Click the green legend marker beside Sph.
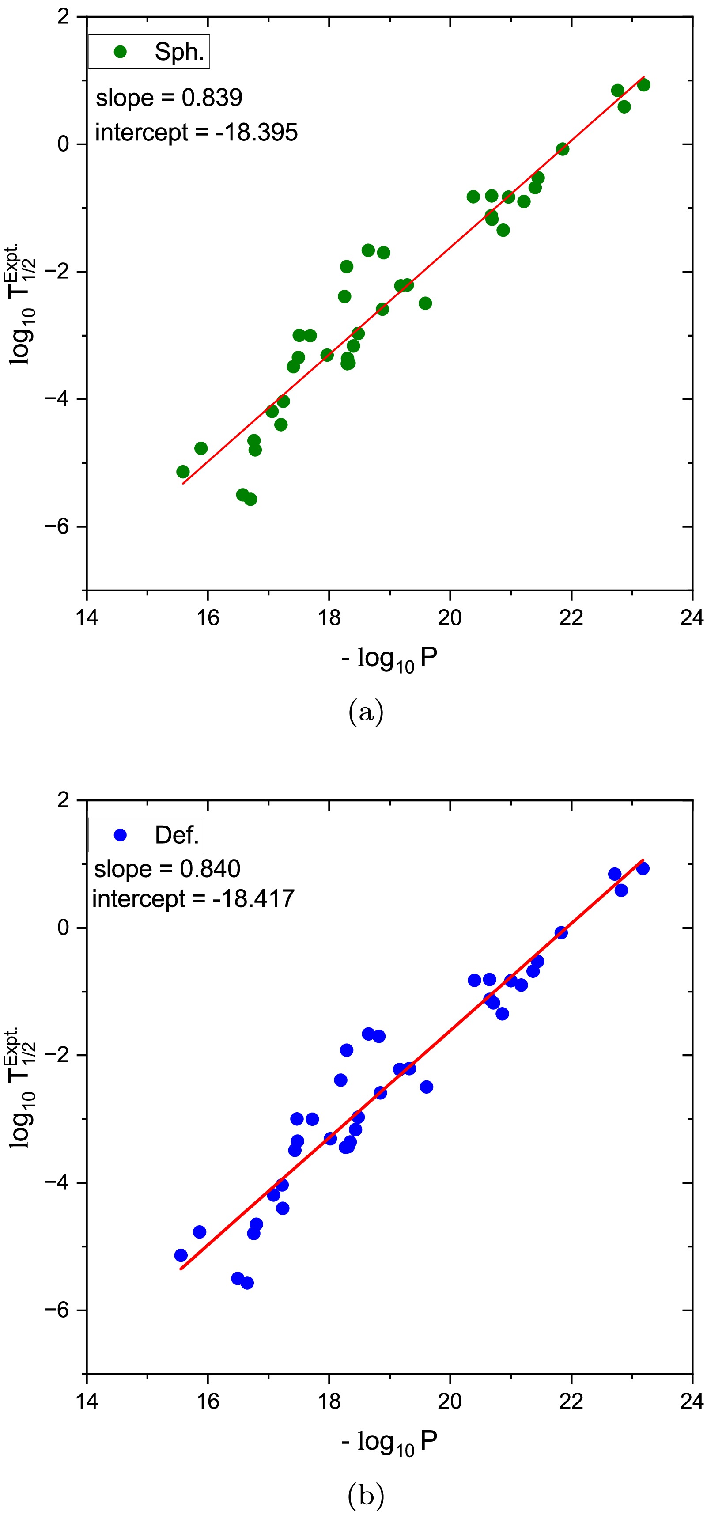click(x=120, y=52)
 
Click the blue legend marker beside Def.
click(x=120, y=835)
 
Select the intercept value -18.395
click(x=257, y=133)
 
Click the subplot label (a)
click(x=366, y=712)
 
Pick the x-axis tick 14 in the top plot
click(x=87, y=617)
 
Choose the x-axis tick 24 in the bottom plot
click(x=692, y=1401)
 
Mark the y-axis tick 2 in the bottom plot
click(x=63, y=800)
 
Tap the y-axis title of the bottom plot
click(x=23, y=1088)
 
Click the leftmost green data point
click(x=183, y=472)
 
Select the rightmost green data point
click(x=643, y=85)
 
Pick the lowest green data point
click(x=250, y=500)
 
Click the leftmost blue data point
click(x=181, y=1255)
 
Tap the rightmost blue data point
click(x=643, y=868)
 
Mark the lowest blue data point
click(x=247, y=1283)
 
